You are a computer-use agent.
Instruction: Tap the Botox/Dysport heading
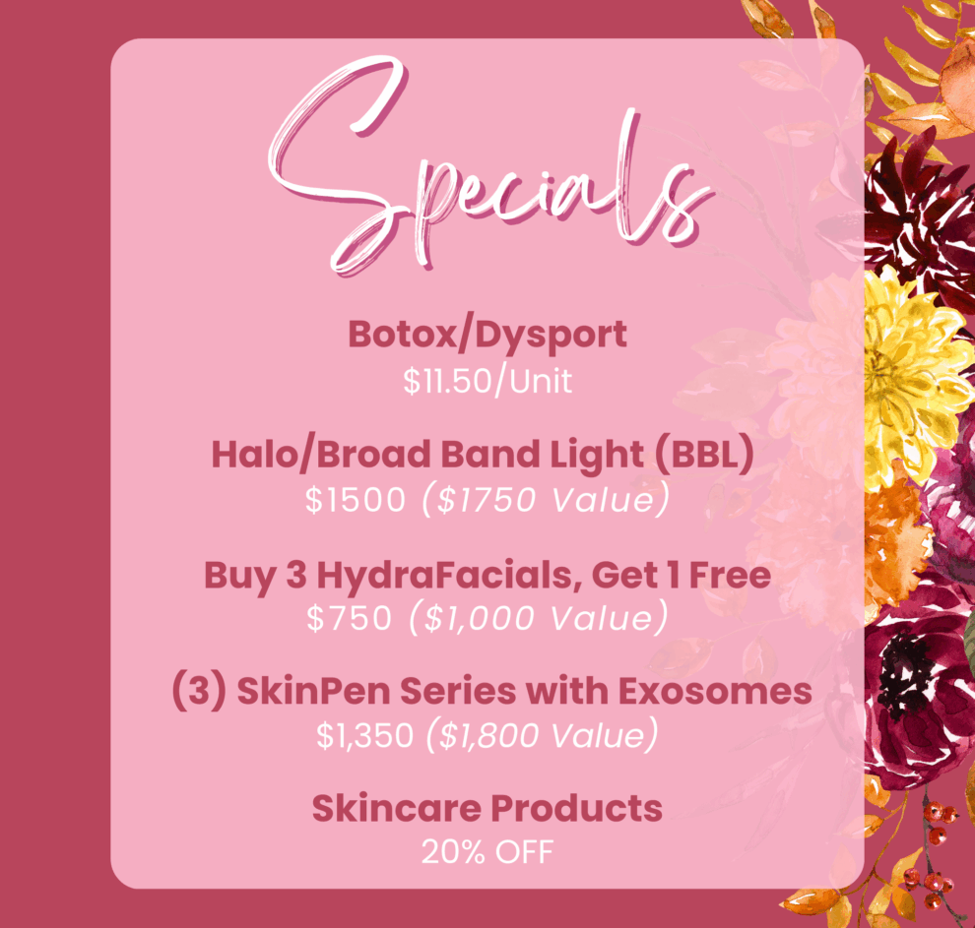pos(487,336)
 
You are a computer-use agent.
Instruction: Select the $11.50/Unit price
pos(487,381)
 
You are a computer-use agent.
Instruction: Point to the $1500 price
pos(356,500)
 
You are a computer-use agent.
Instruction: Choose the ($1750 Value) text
pos(546,500)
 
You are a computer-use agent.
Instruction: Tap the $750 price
pos(350,618)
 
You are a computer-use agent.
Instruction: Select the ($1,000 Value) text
pos(539,618)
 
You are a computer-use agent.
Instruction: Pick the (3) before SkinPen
pos(199,692)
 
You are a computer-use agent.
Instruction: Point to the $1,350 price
pos(365,735)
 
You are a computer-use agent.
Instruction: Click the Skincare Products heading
pos(487,808)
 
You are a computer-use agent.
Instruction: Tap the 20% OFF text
pos(487,851)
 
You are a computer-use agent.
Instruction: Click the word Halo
pos(255,455)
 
